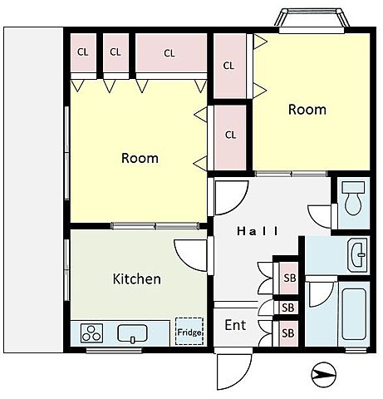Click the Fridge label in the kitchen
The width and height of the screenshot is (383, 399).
point(189,332)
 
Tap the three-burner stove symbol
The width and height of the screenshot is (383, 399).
point(91,332)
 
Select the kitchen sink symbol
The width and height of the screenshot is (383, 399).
point(132,333)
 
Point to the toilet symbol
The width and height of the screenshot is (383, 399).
point(353,198)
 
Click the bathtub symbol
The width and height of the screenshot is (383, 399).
point(354,314)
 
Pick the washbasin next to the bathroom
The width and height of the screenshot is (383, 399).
point(358,254)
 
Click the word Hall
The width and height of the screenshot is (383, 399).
point(258,231)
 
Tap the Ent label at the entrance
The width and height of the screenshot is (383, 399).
point(235,325)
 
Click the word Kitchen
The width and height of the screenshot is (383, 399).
point(137,278)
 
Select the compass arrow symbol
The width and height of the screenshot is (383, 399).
point(324,375)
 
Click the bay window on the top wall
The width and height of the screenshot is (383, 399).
point(312,21)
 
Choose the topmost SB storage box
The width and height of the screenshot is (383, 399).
point(290,278)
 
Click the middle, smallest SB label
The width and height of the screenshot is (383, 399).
point(288,308)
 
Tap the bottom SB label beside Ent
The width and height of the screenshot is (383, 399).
point(288,333)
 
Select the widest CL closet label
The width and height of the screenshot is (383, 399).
point(169,53)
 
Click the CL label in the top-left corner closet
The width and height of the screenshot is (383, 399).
point(83,52)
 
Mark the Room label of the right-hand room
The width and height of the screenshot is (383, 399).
point(307,110)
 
